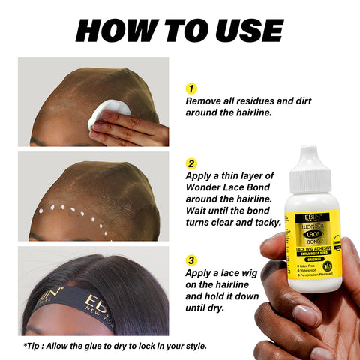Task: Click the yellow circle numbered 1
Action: [191, 88]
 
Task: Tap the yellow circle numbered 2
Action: [191, 162]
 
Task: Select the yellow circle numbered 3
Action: [191, 261]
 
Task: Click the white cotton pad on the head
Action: [110, 110]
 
